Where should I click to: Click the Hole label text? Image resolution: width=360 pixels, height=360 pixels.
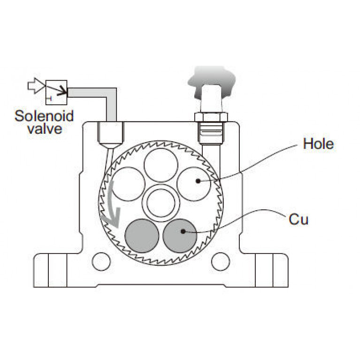pos(318,144)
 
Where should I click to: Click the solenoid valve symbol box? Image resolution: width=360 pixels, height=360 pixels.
pos(56,91)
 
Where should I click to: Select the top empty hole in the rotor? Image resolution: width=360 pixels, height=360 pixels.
pos(161,165)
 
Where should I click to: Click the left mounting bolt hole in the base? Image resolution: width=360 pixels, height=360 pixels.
pos(101,261)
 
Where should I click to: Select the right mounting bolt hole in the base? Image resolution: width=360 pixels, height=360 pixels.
pos(221,261)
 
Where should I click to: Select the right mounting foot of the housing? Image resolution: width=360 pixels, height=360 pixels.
pos(270,270)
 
